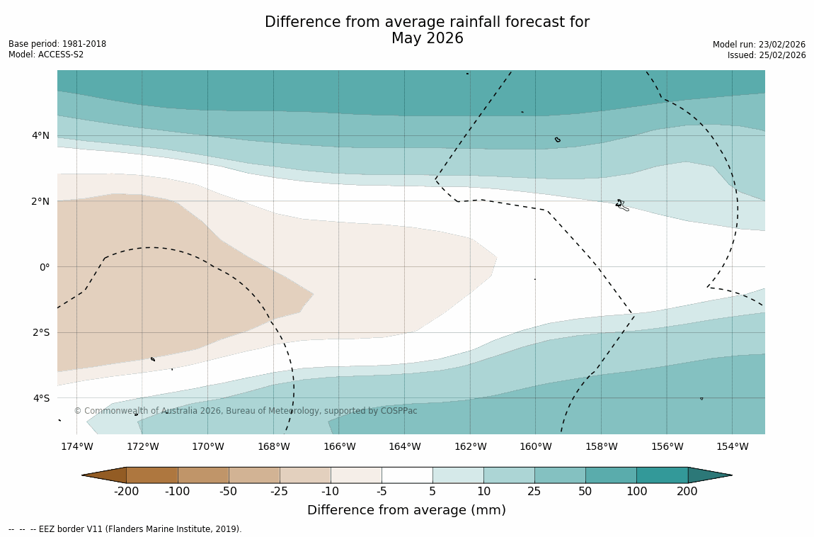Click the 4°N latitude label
tap(40, 135)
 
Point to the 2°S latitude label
tap(40, 332)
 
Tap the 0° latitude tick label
tap(44, 267)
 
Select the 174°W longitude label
tap(76, 446)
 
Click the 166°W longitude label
tap(339, 446)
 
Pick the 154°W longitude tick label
tap(732, 446)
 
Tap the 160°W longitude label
tap(535, 446)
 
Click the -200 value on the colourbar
tap(126, 492)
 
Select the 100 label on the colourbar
tap(636, 492)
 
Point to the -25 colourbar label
tap(280, 492)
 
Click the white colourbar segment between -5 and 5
tap(407, 475)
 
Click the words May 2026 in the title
tap(427, 39)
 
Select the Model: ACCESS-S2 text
tap(46, 55)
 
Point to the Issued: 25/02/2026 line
tap(767, 55)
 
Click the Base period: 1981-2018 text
tap(57, 44)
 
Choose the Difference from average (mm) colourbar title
tap(406, 510)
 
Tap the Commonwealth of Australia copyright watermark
tap(246, 411)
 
